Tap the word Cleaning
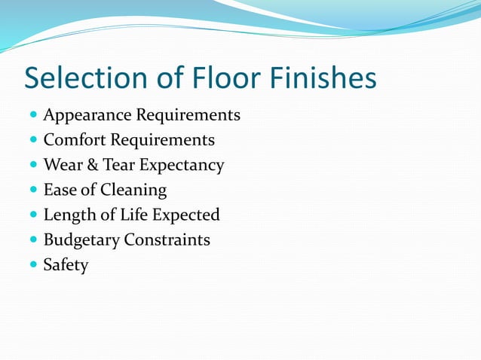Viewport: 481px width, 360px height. [x=133, y=191]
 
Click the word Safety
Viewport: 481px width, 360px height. [x=66, y=265]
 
